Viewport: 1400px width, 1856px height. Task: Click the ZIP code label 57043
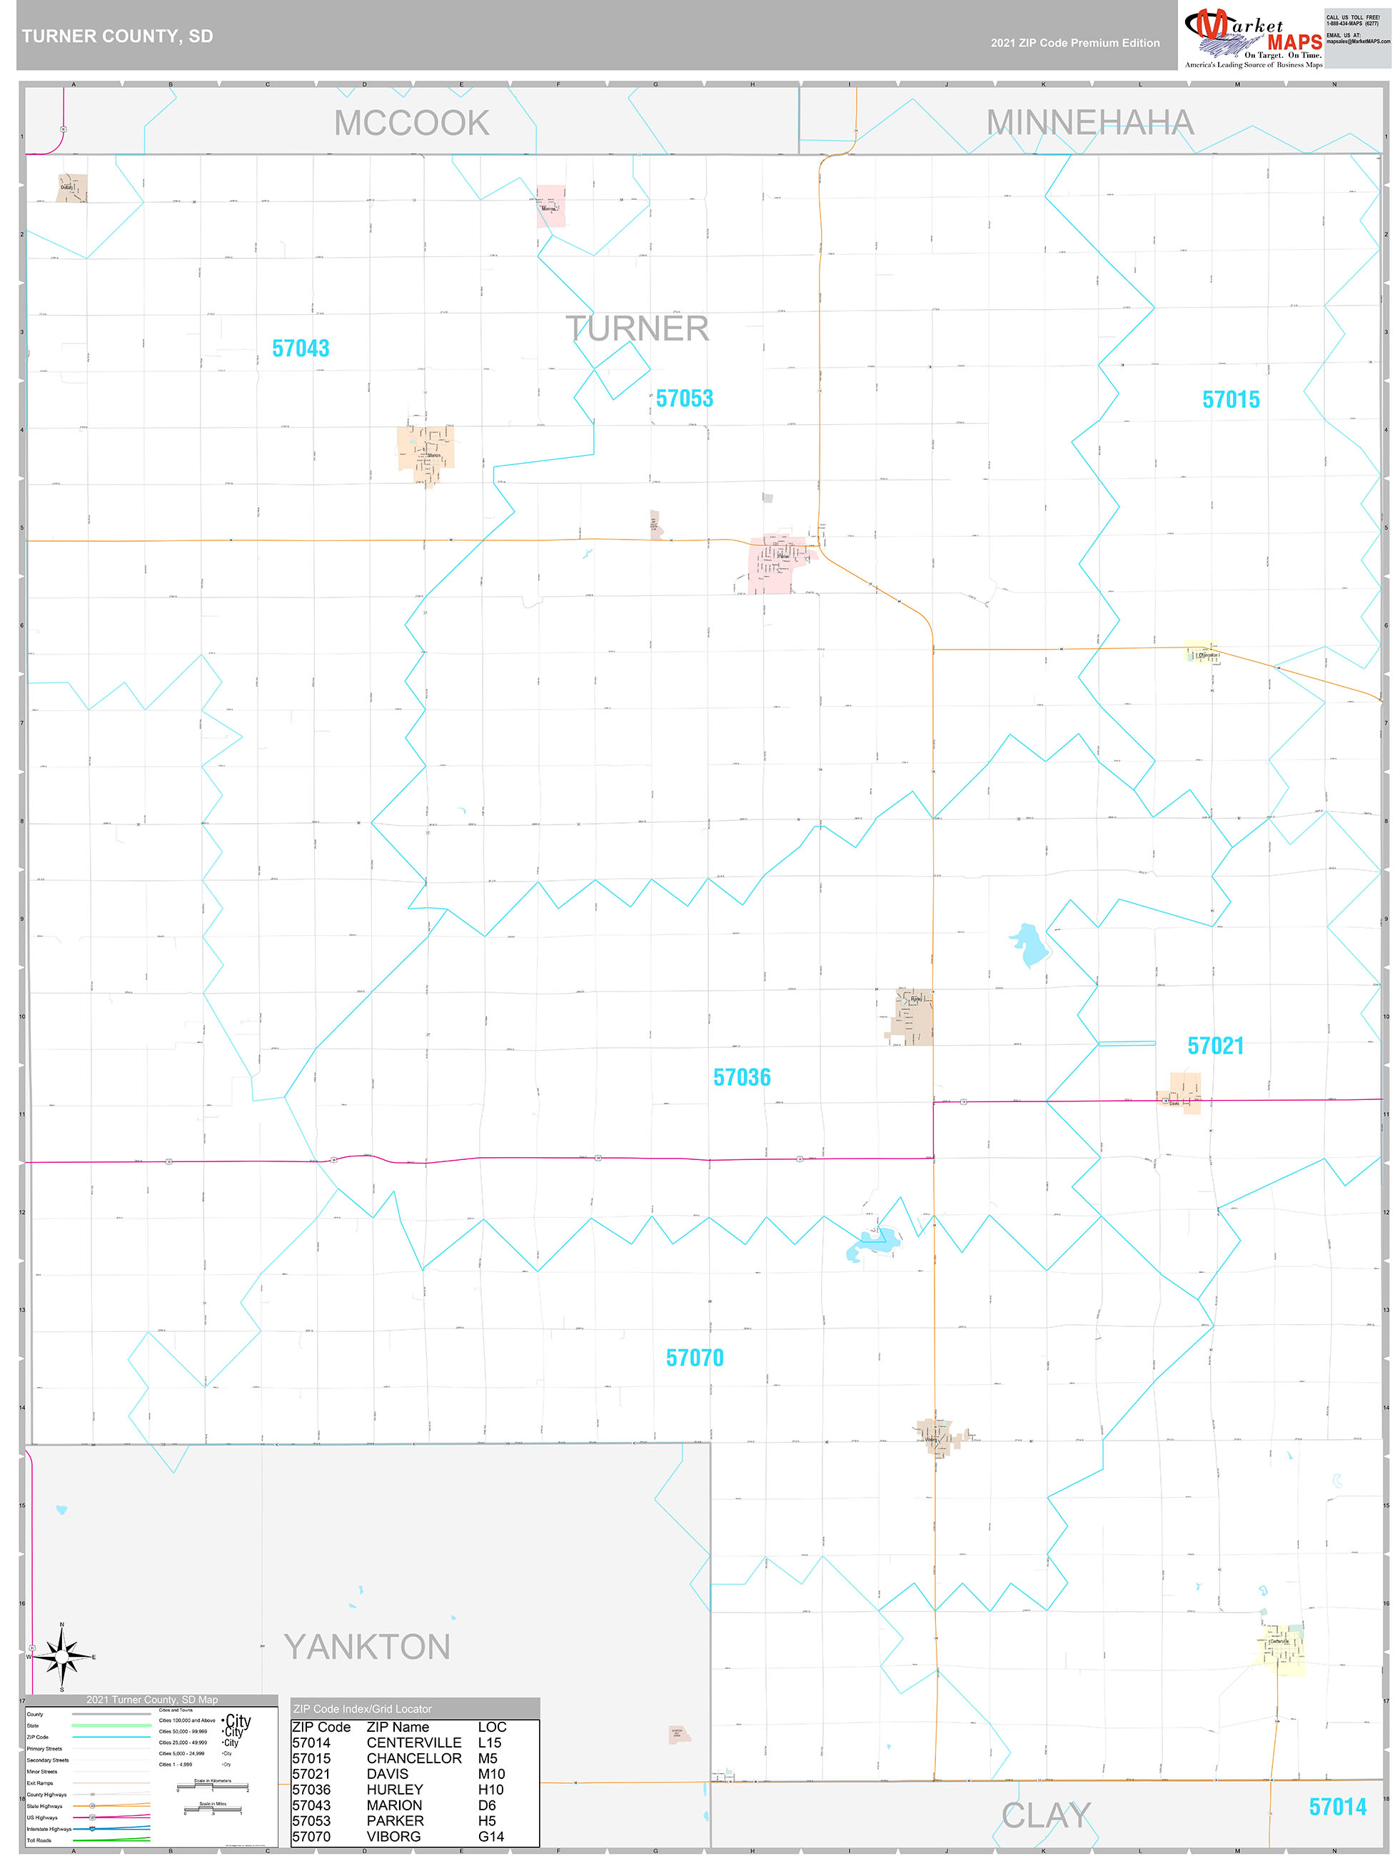[x=301, y=348]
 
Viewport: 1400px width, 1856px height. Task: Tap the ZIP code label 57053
[x=684, y=398]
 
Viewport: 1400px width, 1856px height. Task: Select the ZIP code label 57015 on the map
[x=1231, y=399]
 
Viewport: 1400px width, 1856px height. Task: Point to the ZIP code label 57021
[x=1215, y=1046]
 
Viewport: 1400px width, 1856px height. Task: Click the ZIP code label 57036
[x=742, y=1077]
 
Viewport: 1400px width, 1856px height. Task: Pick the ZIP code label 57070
[x=695, y=1358]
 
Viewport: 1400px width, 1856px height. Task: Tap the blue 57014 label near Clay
[x=1337, y=1807]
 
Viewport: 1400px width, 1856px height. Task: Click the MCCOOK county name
[x=411, y=123]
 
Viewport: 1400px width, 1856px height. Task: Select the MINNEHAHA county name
[x=1089, y=123]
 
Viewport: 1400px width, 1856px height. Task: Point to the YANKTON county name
[x=367, y=1647]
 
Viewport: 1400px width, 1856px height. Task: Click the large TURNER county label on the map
[x=637, y=329]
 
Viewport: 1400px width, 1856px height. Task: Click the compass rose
[x=62, y=1657]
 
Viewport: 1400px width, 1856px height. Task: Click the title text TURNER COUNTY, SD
[x=118, y=36]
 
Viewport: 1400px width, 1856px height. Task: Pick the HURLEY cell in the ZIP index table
[x=395, y=1790]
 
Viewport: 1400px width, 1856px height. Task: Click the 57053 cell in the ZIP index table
[x=311, y=1821]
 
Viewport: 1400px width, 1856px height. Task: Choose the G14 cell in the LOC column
[x=491, y=1837]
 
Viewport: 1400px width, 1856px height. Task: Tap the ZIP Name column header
[x=398, y=1727]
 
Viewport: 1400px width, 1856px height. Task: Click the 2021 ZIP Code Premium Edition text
[x=1075, y=43]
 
